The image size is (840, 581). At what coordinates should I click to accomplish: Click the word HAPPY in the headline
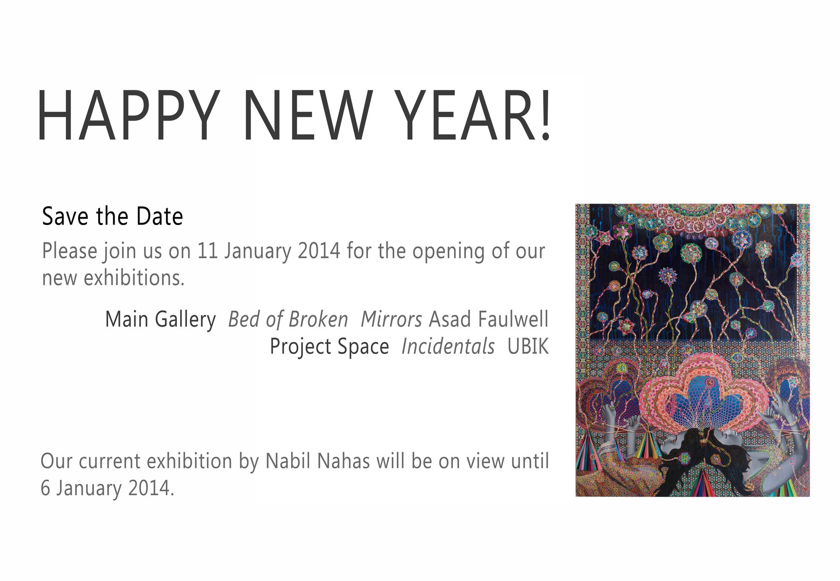[x=128, y=115]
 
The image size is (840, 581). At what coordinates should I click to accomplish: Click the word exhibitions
[x=134, y=278]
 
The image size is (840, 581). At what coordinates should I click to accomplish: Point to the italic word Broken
[x=318, y=320]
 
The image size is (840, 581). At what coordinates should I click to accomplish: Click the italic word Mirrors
[x=391, y=320]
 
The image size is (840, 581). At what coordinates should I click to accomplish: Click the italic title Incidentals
[x=448, y=347]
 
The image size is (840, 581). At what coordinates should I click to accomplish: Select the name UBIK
[x=528, y=347]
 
